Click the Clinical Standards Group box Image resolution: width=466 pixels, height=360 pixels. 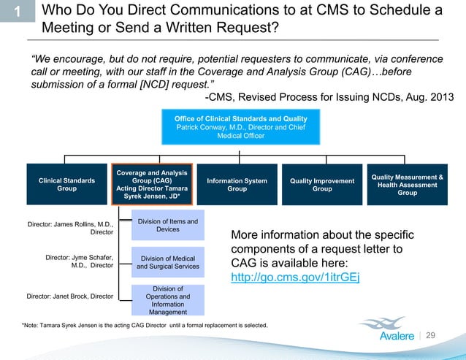pos(66,185)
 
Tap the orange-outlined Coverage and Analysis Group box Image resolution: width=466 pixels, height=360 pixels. pos(153,185)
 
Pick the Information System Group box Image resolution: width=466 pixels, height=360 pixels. pos(237,185)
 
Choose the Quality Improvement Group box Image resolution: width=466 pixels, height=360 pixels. pos(322,185)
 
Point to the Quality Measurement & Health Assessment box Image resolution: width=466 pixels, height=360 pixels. pos(407,184)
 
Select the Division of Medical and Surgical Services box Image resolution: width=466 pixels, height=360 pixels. pos(168,262)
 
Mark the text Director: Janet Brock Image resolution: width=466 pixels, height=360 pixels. pos(70,296)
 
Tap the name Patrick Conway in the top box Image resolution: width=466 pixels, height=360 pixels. pos(200,127)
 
